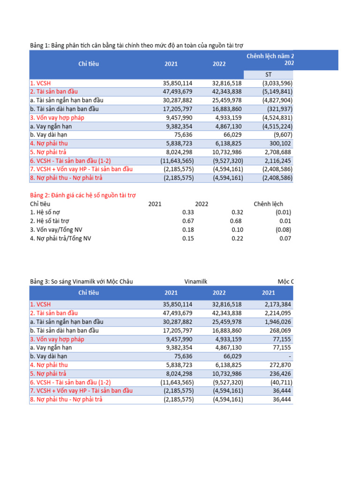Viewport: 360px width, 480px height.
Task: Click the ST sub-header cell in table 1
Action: pos(268,75)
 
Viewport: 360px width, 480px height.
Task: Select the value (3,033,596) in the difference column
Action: pos(276,83)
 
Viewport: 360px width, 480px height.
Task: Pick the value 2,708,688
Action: pos(277,152)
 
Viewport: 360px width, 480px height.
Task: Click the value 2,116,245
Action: pos(277,160)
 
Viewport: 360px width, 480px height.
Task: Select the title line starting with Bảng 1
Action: pos(137,45)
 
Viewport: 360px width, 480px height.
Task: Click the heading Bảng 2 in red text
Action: pos(82,195)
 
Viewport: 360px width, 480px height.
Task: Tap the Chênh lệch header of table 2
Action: pos(268,204)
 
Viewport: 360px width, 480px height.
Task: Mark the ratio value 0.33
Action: pos(187,212)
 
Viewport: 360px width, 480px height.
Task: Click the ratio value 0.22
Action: pos(236,239)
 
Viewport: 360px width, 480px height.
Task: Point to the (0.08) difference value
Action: pos(283,230)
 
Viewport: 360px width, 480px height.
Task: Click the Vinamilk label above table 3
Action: pos(196,281)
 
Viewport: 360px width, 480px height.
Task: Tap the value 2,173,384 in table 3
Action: pos(278,304)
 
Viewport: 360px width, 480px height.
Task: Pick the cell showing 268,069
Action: pos(281,330)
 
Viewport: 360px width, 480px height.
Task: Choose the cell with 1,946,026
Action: pos(278,322)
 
